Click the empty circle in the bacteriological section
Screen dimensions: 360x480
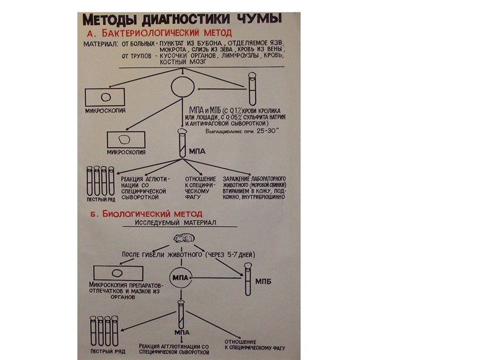coord(183,86)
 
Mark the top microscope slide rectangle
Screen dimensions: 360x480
coord(107,97)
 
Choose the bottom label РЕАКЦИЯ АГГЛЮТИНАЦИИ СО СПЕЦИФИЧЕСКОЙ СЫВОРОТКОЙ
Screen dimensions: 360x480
coord(175,349)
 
